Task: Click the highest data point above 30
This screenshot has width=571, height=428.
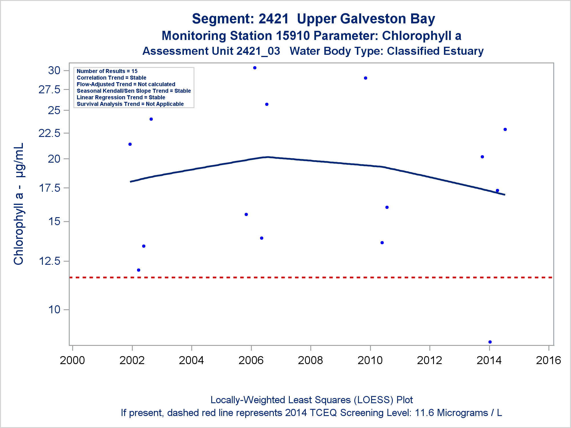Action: pyautogui.click(x=255, y=68)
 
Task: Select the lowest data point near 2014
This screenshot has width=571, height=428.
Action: pyautogui.click(x=490, y=342)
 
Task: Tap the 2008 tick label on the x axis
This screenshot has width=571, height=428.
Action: pyautogui.click(x=310, y=360)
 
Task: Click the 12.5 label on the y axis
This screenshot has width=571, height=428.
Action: pyautogui.click(x=49, y=261)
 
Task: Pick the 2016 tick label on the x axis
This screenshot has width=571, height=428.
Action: pyautogui.click(x=548, y=360)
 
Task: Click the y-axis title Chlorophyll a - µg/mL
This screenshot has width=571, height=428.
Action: pyautogui.click(x=19, y=204)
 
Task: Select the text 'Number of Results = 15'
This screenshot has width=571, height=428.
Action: pyautogui.click(x=107, y=71)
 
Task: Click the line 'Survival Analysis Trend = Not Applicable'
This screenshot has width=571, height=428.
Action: pyautogui.click(x=130, y=104)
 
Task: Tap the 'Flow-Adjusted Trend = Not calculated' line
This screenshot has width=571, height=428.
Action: pyautogui.click(x=126, y=84)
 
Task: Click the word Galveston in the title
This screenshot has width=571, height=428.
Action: pyautogui.click(x=373, y=19)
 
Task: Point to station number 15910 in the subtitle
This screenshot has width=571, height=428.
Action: pyautogui.click(x=293, y=36)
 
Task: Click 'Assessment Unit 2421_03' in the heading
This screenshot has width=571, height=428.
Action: pyautogui.click(x=211, y=51)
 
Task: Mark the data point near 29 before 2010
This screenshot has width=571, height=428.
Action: pyautogui.click(x=365, y=78)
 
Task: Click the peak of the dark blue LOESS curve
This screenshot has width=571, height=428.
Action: pyautogui.click(x=268, y=157)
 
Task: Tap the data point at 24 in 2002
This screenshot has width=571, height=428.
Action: pyautogui.click(x=151, y=119)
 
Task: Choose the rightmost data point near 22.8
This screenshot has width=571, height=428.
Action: pyautogui.click(x=505, y=130)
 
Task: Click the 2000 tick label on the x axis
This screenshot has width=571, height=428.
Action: pyautogui.click(x=72, y=360)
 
